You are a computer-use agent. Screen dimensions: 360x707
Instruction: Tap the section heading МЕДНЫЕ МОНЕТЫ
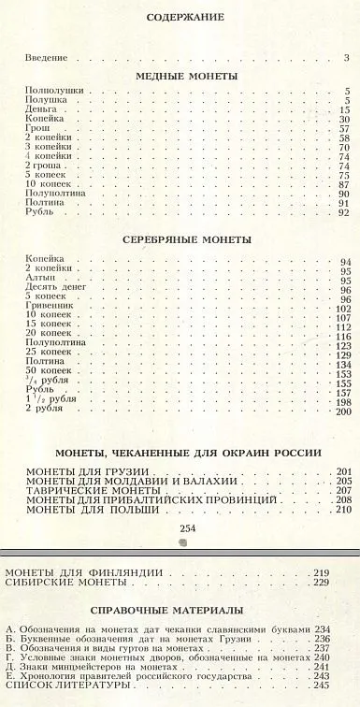186,75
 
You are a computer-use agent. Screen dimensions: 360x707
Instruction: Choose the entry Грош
38,129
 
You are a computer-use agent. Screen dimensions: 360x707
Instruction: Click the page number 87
342,185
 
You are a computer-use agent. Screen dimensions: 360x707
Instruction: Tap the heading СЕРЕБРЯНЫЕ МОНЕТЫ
187,239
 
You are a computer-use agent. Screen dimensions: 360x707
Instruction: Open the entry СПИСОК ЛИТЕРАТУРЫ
66,685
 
